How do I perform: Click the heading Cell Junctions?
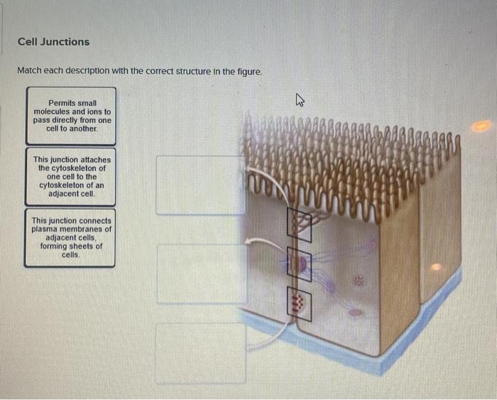[54, 42]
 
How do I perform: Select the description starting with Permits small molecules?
[71, 115]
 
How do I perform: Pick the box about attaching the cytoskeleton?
[71, 176]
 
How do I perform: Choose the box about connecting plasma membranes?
[70, 237]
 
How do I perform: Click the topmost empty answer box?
[201, 185]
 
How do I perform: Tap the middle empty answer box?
[201, 274]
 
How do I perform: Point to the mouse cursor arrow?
[300, 102]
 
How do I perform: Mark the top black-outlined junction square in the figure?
[299, 224]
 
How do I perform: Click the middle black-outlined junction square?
[299, 265]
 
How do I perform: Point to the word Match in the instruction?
[32, 72]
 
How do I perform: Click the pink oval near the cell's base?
[356, 311]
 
